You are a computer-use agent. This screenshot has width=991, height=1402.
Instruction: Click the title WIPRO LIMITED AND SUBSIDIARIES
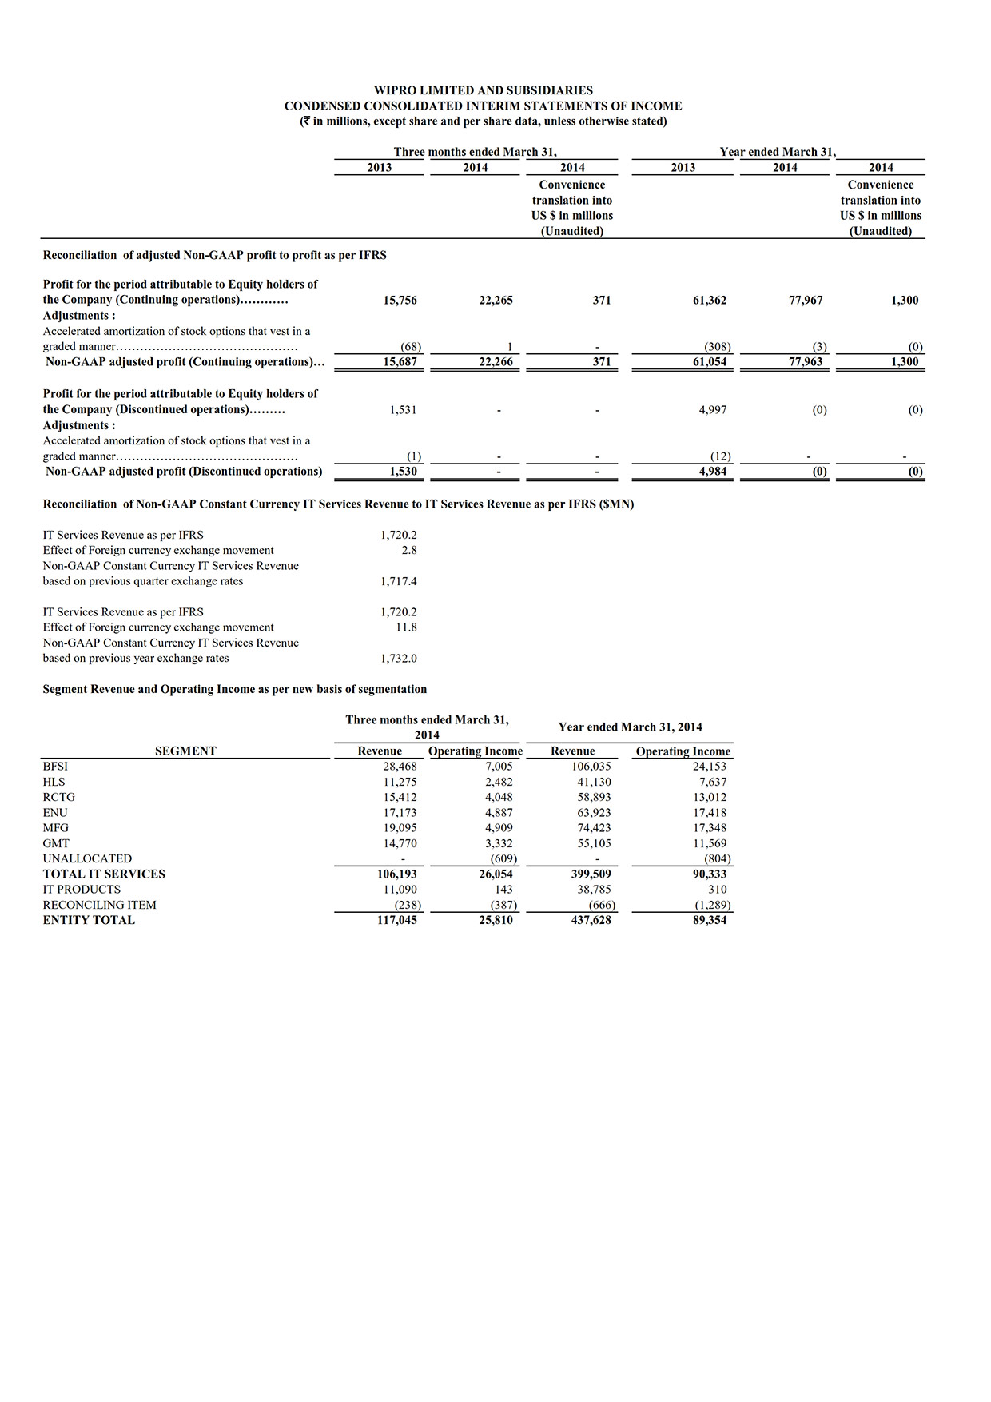(x=483, y=90)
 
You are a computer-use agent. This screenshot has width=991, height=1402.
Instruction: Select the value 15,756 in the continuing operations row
(x=400, y=301)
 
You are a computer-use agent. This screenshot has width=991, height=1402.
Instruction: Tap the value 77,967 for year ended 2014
(x=806, y=301)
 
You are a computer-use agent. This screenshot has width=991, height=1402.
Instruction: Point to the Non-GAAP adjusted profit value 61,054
(x=710, y=362)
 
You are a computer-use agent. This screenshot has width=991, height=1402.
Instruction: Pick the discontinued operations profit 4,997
(x=711, y=410)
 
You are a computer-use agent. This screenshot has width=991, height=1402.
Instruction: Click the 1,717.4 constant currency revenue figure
(x=398, y=581)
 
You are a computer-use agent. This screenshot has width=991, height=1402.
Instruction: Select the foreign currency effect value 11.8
(x=406, y=627)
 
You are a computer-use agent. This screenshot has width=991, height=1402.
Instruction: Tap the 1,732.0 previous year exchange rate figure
(x=398, y=659)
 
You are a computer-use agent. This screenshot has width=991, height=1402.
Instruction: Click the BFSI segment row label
(x=55, y=767)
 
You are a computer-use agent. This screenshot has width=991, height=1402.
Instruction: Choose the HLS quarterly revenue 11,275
(x=400, y=782)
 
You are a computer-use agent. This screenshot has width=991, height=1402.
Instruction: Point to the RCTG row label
(x=58, y=797)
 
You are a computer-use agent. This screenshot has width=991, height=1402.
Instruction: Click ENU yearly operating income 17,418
(x=710, y=813)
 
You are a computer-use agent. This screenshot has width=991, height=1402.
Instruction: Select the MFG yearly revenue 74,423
(x=594, y=828)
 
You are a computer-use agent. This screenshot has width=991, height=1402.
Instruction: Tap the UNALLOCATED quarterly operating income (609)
(x=503, y=859)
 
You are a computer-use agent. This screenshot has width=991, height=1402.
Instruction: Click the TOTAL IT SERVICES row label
(x=104, y=874)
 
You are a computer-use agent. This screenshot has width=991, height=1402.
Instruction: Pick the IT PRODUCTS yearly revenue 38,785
(x=594, y=890)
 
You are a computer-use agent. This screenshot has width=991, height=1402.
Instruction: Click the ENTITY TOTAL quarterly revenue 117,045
(x=396, y=920)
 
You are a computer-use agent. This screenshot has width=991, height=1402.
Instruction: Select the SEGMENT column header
(x=185, y=751)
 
